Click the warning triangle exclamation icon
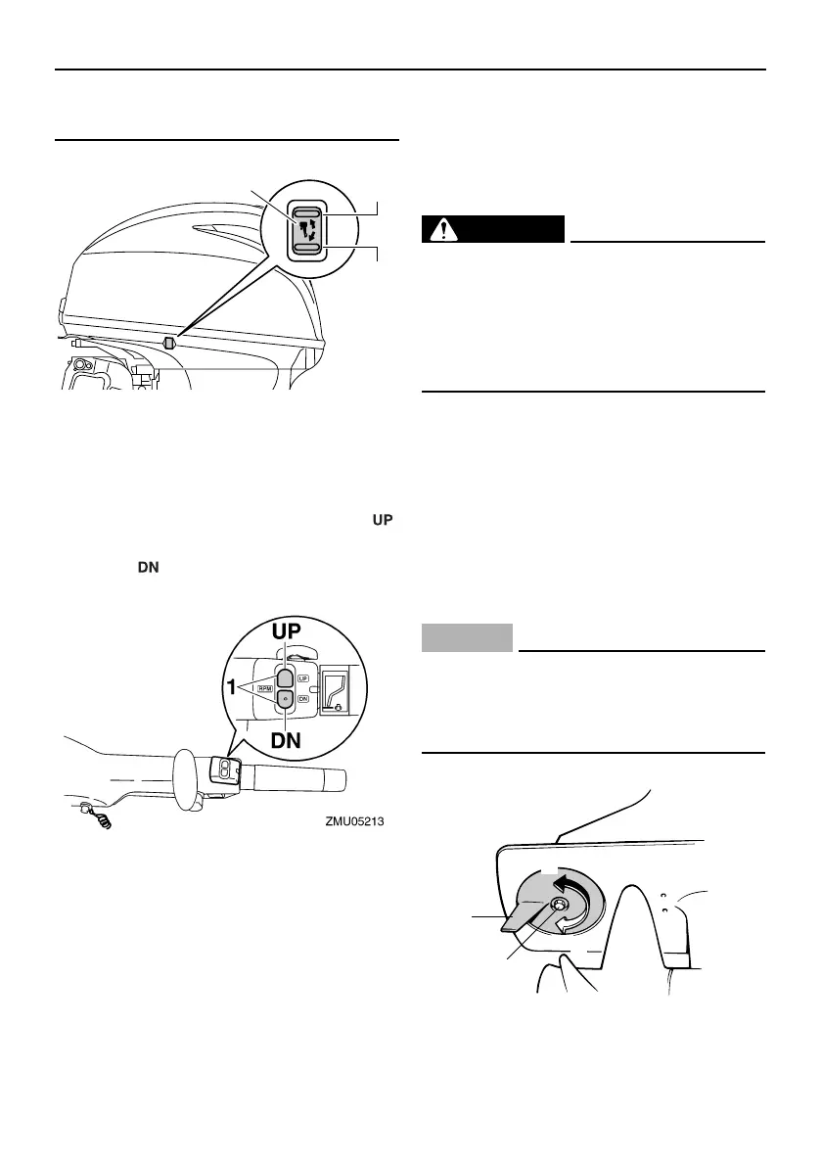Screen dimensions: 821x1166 pos(446,229)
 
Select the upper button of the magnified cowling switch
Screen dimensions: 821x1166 pos(306,211)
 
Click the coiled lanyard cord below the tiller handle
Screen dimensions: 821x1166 pos(98,816)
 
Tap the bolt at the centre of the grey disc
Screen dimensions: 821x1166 pos(562,906)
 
